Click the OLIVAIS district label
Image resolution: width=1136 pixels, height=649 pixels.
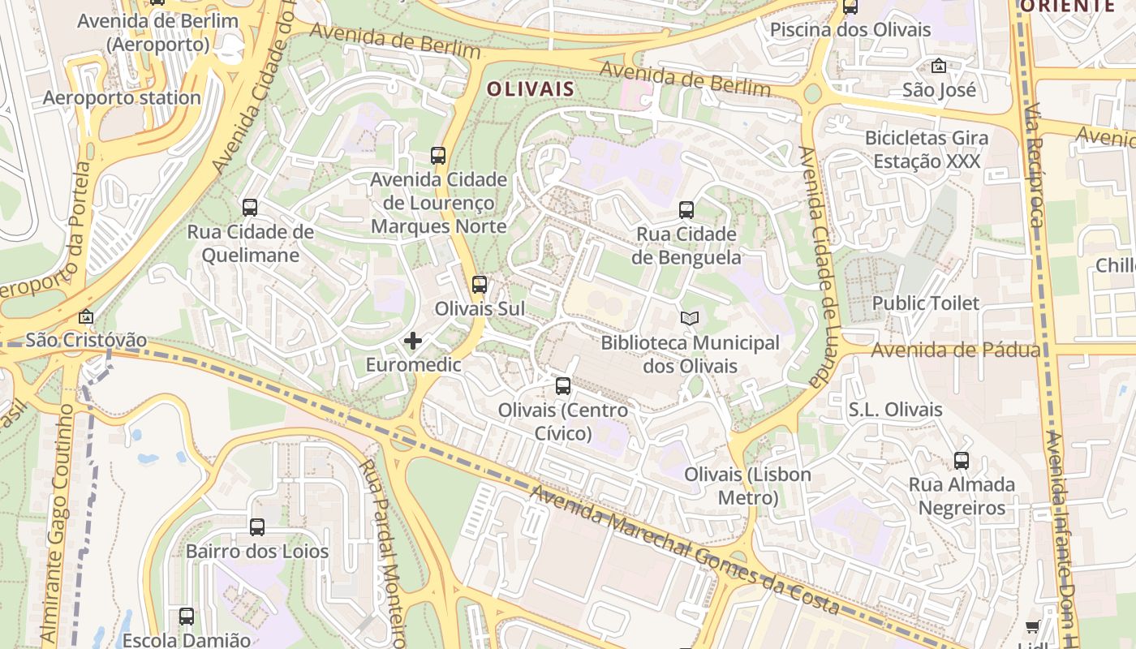(530, 89)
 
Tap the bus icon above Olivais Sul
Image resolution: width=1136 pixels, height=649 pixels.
(480, 285)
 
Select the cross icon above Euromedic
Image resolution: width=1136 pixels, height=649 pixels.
(413, 341)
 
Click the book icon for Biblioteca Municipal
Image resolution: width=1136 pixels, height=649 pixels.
(689, 319)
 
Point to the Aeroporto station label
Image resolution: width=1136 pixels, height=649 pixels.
(122, 97)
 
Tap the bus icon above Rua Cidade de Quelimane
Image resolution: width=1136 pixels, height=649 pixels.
(250, 208)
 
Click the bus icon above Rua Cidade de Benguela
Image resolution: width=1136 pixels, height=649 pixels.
(686, 210)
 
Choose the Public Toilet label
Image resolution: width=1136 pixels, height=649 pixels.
(926, 303)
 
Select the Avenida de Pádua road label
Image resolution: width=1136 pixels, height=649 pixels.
(956, 350)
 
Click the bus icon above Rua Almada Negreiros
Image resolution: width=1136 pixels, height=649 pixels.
(962, 461)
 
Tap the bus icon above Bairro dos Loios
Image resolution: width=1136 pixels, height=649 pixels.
(257, 527)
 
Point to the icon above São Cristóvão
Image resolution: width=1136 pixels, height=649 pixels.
(86, 316)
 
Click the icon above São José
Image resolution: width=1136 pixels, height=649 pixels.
(939, 66)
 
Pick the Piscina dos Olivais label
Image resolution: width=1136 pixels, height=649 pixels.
(850, 30)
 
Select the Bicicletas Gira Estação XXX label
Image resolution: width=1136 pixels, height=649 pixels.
(927, 149)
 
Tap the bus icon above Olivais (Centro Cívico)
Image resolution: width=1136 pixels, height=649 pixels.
(563, 386)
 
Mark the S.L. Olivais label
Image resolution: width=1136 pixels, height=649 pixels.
(895, 410)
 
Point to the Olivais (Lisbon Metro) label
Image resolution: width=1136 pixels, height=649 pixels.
(747, 485)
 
